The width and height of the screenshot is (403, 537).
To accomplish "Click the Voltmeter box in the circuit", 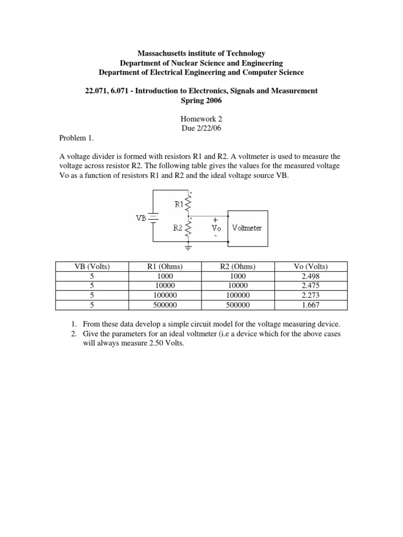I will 247,228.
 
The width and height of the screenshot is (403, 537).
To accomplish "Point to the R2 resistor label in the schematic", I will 178,228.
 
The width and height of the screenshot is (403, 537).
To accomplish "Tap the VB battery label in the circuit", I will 141,218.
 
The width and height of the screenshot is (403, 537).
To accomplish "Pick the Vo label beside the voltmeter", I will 215,228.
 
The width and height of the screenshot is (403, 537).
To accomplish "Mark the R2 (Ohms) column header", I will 238,267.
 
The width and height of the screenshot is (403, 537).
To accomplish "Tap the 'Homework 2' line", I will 201,119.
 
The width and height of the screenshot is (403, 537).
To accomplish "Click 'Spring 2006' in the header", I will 201,100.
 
